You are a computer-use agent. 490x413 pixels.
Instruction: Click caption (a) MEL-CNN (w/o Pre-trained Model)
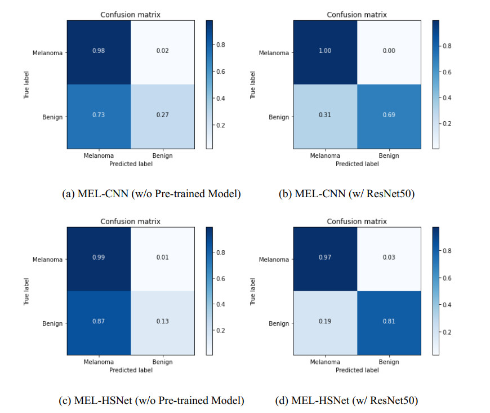coord(151,194)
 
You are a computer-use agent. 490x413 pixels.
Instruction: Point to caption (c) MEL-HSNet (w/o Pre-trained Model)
coord(151,401)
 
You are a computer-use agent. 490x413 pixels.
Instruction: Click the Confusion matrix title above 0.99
coord(130,221)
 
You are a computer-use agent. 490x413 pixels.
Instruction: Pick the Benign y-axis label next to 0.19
coord(279,323)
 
